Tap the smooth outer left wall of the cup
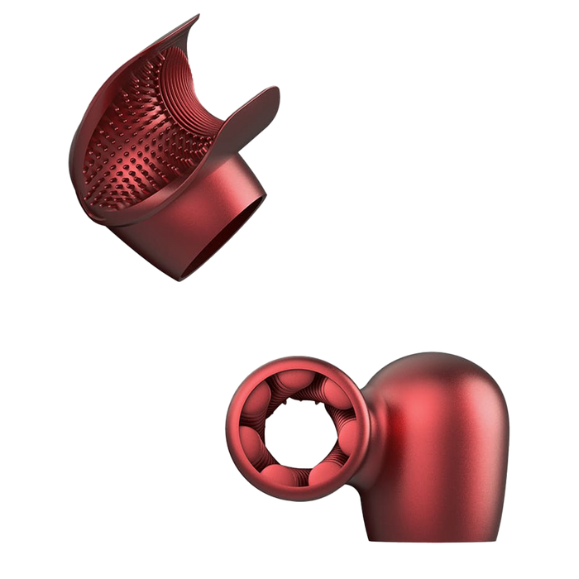[87, 157]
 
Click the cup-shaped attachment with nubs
[165, 149]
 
